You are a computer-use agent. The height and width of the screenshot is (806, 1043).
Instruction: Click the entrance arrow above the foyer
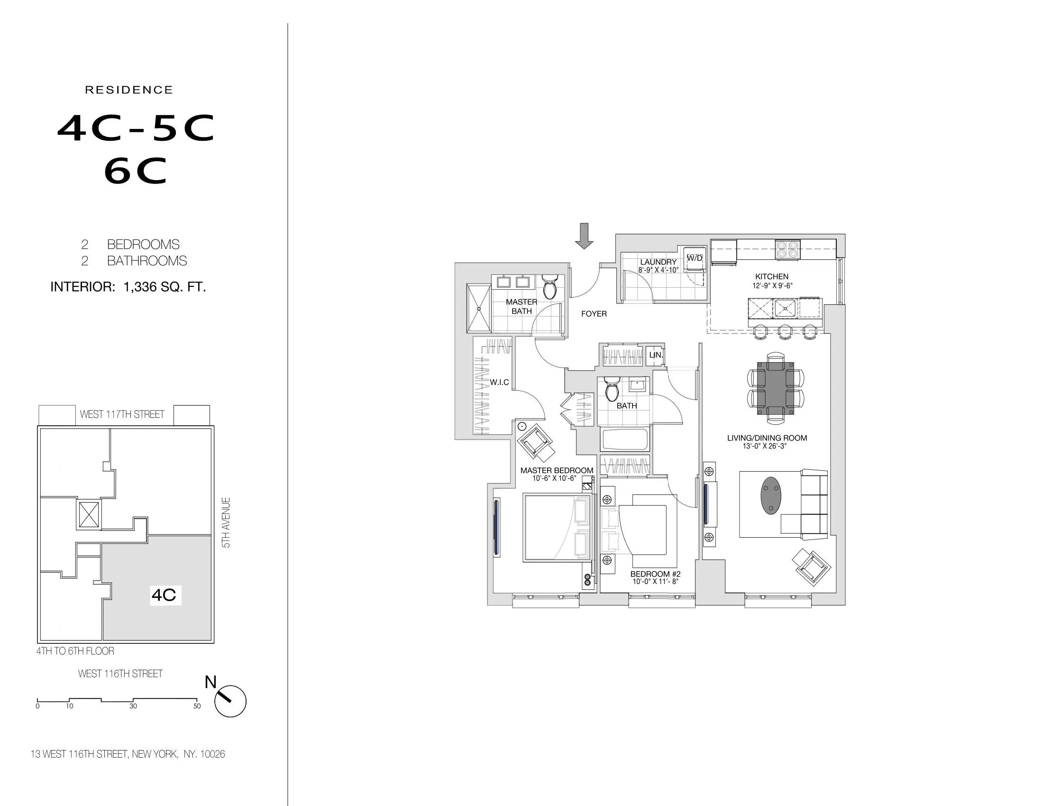pyautogui.click(x=584, y=236)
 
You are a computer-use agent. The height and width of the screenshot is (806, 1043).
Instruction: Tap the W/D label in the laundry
pyautogui.click(x=695, y=258)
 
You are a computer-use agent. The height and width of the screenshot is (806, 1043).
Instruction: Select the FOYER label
pyautogui.click(x=594, y=314)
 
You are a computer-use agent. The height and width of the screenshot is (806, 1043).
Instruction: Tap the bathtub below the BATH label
pyautogui.click(x=625, y=440)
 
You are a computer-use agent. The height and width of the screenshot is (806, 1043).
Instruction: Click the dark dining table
pyautogui.click(x=775, y=388)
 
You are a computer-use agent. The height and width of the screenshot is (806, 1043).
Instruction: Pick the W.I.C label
pyautogui.click(x=499, y=383)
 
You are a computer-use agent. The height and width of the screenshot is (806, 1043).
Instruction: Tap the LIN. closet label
pyautogui.click(x=656, y=355)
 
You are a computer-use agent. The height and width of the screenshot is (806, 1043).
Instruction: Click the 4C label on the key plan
pyautogui.click(x=164, y=595)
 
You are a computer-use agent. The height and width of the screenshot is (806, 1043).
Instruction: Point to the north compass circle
pyautogui.click(x=230, y=701)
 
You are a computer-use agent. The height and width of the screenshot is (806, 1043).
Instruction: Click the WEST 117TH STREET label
pyautogui.click(x=122, y=414)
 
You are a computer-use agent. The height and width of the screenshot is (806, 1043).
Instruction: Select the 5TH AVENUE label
pyautogui.click(x=226, y=522)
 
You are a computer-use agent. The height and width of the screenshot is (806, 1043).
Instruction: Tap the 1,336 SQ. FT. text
pyautogui.click(x=165, y=287)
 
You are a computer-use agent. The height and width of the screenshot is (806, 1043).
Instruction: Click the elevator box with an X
pyautogui.click(x=89, y=515)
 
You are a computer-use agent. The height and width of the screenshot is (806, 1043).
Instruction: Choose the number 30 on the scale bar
pyautogui.click(x=133, y=706)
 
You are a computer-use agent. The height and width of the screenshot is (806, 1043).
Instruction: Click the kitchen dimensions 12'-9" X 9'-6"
pyautogui.click(x=772, y=286)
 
